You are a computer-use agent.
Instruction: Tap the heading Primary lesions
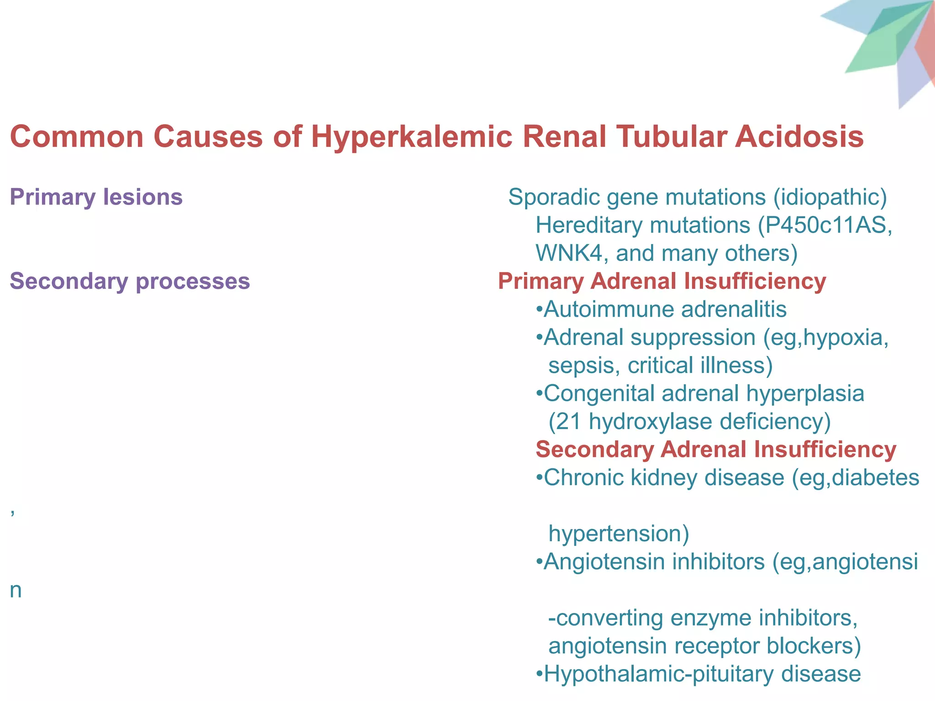(96, 197)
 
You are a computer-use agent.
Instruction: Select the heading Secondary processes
(130, 281)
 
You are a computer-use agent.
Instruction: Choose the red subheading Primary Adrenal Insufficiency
(662, 281)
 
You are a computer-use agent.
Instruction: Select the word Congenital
(599, 393)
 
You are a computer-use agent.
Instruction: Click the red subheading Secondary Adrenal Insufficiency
(716, 450)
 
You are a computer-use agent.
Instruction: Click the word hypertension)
(619, 534)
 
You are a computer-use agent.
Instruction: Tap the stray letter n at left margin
(16, 591)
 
